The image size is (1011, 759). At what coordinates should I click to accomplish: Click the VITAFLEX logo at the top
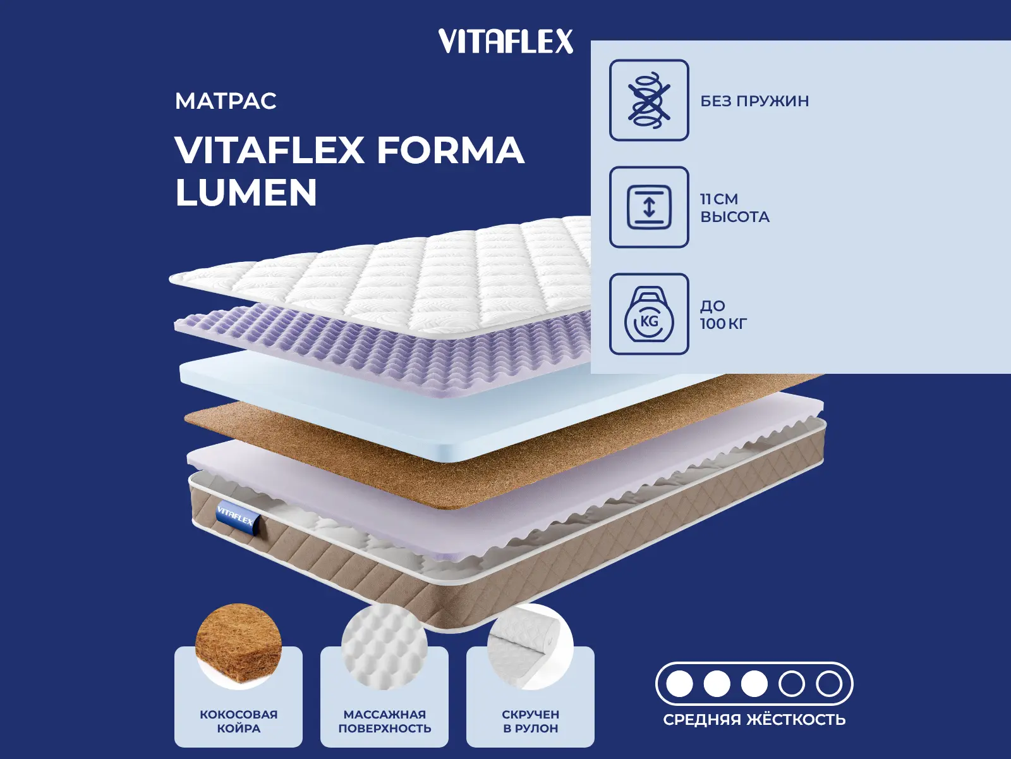coord(505,41)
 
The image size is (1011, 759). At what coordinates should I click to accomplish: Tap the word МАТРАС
coord(226,101)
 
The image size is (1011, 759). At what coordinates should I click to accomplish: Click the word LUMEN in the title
coord(246,192)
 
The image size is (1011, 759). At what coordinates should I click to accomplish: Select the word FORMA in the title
coord(451,150)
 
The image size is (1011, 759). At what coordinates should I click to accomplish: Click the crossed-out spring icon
coord(649,100)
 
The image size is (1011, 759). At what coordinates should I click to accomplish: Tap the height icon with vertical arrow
coord(649,207)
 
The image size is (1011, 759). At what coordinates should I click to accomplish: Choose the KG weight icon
coord(649,314)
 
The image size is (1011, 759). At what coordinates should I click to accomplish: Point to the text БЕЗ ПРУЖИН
coord(754,101)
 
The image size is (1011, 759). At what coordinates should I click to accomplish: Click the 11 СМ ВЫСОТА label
coord(735,208)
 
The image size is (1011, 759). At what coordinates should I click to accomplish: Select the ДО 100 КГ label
coord(723,315)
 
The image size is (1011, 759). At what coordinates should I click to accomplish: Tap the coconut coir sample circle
coord(239,646)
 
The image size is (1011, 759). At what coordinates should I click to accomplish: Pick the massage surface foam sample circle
coord(384,646)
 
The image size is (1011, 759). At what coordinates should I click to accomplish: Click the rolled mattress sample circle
coord(530,646)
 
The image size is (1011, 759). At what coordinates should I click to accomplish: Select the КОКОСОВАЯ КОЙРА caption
coord(239,721)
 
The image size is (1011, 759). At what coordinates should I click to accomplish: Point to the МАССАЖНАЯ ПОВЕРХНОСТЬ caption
coord(385,721)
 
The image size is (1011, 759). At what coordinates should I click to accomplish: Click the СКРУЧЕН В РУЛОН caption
coord(531,721)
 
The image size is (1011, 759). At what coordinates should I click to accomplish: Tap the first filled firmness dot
coord(679,684)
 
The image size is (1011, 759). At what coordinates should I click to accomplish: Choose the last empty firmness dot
coord(829,684)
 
